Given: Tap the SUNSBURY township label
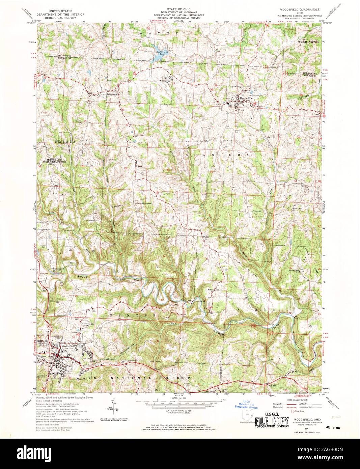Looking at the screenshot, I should [x=217, y=154].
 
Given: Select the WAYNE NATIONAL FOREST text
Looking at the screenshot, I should [x=133, y=377].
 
